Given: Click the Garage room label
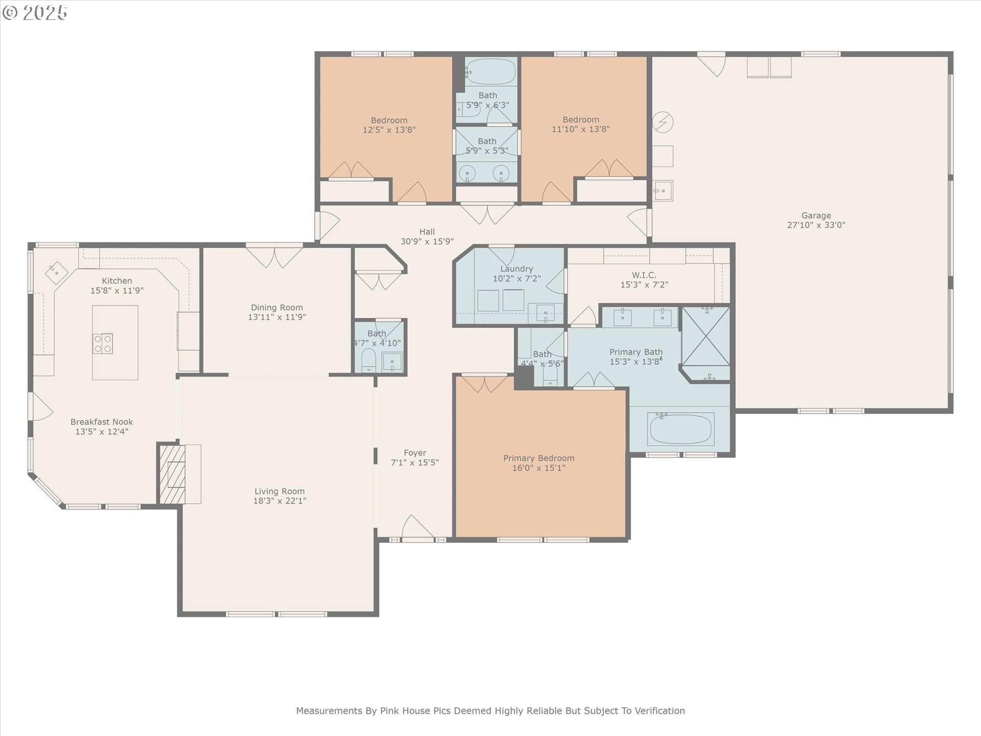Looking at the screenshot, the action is [816, 216].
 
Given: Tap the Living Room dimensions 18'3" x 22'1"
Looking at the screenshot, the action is [279, 501].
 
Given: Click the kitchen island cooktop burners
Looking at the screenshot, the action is [103, 343].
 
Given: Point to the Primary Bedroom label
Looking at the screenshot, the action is [539, 458].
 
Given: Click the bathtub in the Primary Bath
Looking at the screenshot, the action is [681, 429].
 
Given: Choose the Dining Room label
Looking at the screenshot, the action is [277, 308].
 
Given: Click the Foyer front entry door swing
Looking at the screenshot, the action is [417, 526].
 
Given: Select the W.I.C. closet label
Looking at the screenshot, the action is [644, 275].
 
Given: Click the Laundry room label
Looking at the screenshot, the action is [517, 269].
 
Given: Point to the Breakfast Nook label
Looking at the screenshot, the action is [102, 422].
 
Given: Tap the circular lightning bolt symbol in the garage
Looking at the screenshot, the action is [663, 122].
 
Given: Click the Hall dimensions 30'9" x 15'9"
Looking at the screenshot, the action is [427, 241].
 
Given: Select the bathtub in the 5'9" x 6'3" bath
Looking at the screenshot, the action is [491, 72].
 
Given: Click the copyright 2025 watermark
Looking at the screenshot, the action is [35, 13].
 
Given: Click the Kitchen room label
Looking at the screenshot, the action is [117, 281].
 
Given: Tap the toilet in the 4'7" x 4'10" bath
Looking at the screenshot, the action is [368, 361].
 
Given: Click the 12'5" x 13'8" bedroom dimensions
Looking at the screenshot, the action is [389, 130].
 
